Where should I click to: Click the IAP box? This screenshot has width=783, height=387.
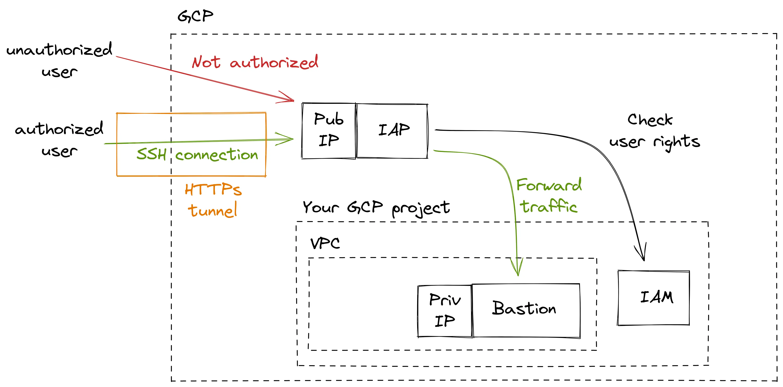pos(392,131)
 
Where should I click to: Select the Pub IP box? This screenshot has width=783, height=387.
pos(329,131)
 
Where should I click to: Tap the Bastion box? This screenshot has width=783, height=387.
pos(526,310)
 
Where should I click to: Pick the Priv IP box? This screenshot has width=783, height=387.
pos(445,311)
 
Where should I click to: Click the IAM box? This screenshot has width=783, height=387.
pos(654,298)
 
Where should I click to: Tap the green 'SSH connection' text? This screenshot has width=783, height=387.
pos(197,155)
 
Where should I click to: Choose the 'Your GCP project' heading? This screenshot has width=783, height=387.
pos(376,208)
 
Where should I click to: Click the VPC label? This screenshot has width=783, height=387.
pos(325,243)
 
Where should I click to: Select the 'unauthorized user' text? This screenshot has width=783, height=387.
pos(59,60)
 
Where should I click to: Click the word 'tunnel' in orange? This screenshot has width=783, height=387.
pos(212,210)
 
